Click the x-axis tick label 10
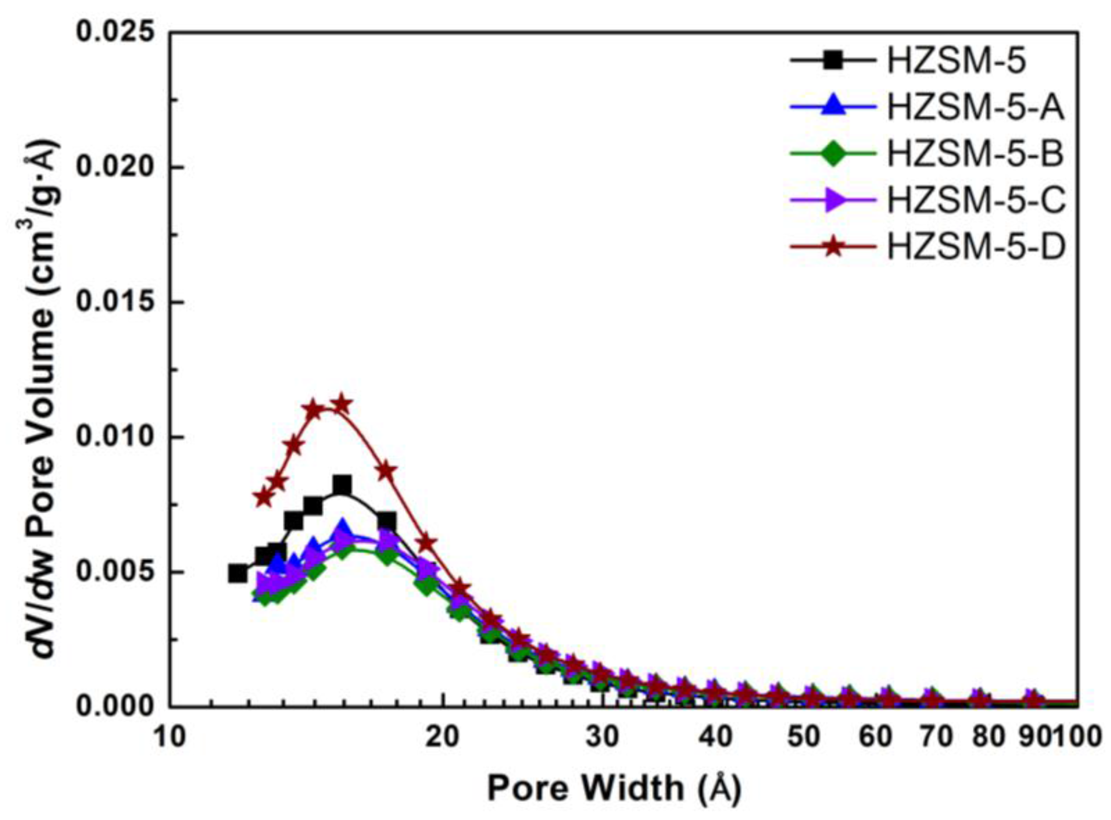tap(170, 737)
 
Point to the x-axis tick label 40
tap(715, 737)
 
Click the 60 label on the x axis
tap(876, 737)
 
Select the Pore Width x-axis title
tap(614, 788)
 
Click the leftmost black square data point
tap(238, 573)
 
